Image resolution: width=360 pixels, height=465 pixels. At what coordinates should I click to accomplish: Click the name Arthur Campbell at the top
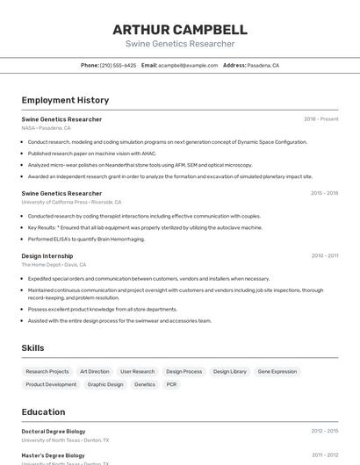[180, 29]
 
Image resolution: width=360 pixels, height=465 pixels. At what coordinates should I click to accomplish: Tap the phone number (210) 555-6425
[118, 65]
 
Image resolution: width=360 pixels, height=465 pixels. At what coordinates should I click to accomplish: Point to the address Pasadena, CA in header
[263, 65]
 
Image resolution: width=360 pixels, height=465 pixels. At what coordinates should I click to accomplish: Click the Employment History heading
[65, 100]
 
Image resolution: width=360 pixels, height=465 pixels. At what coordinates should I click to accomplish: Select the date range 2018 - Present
[320, 119]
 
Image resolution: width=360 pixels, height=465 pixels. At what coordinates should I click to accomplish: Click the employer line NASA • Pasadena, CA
[46, 128]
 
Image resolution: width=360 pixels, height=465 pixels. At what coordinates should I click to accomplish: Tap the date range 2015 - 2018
[324, 193]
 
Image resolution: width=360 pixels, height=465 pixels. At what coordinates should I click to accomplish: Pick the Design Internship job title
[48, 255]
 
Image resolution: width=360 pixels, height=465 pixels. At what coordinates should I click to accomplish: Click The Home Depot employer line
[54, 264]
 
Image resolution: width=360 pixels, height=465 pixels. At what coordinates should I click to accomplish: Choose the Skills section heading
[32, 348]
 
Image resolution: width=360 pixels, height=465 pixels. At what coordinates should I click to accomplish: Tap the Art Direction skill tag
[95, 371]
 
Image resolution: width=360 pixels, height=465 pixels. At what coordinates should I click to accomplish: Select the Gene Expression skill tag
[277, 371]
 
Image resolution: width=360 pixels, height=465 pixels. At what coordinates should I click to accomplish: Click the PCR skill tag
[171, 384]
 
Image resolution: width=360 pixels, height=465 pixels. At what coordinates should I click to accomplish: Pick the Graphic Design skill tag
[105, 384]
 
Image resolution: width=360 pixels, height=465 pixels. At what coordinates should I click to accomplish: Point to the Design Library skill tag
[230, 371]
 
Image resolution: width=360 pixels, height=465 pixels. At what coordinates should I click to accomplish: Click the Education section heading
[43, 411]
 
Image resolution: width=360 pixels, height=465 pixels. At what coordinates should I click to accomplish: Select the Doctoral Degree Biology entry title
[54, 431]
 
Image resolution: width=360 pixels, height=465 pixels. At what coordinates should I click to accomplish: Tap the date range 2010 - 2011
[324, 255]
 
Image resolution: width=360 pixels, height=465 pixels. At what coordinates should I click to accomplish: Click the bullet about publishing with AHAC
[91, 153]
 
